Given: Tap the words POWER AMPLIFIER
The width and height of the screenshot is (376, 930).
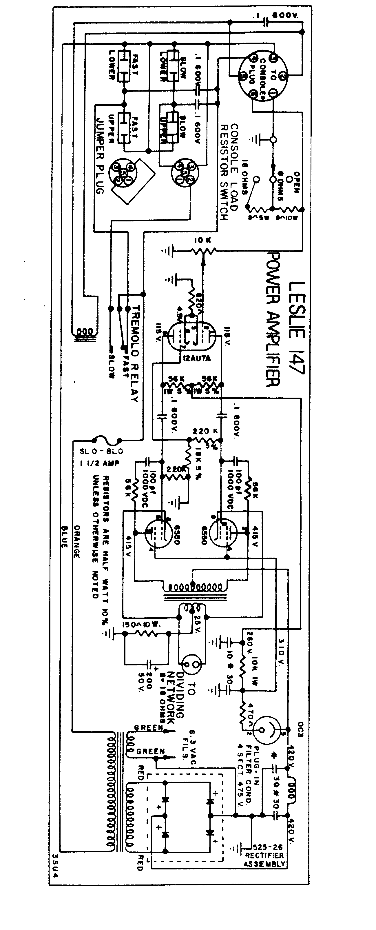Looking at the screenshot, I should point(273,319).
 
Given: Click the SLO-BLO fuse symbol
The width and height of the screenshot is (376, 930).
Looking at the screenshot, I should point(106,441).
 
